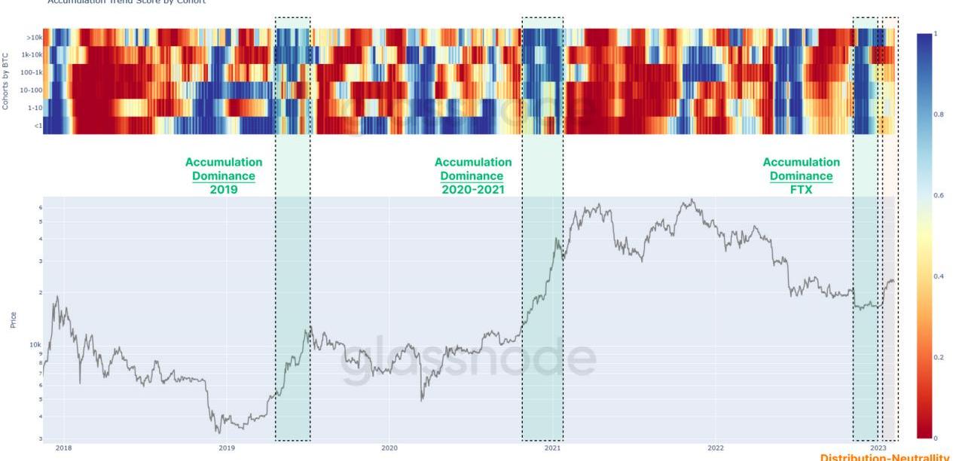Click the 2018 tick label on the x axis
(63, 447)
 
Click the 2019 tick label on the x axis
(226, 447)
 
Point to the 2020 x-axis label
(389, 447)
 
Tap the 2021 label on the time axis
(552, 447)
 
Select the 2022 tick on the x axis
(716, 447)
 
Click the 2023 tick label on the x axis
(878, 447)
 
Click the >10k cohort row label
(34, 37)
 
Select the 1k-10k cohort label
(32, 54)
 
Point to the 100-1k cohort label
(31, 72)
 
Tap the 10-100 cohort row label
(32, 90)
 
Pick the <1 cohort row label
(37, 126)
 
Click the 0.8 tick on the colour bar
(939, 114)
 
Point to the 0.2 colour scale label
(939, 357)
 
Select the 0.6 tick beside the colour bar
(939, 196)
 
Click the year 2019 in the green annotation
(224, 190)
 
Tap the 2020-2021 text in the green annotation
(472, 190)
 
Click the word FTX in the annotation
(801, 190)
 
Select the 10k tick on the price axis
(35, 344)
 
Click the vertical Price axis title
(13, 320)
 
